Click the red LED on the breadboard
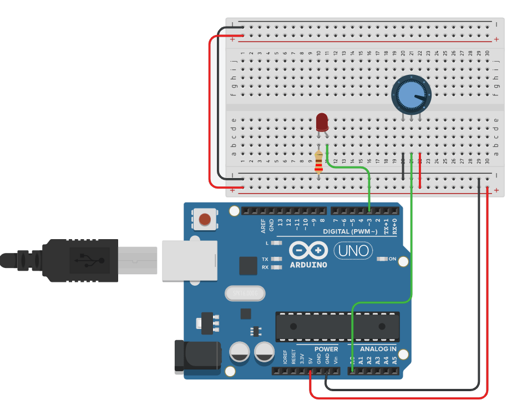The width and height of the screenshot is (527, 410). [322, 122]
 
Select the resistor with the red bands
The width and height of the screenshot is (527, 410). [318, 162]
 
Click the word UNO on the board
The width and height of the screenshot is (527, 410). [354, 251]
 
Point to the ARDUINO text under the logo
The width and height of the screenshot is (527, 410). [308, 265]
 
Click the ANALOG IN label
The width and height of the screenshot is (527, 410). [378, 349]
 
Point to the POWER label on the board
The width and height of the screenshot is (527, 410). [326, 349]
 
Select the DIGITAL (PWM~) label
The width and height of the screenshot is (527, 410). [349, 231]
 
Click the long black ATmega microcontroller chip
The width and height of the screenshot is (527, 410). [337, 327]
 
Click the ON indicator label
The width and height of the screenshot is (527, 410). [393, 259]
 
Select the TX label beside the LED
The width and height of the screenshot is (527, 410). [265, 259]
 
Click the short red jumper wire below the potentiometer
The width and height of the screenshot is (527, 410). [420, 171]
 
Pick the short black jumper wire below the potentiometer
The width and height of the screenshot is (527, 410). [403, 167]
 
